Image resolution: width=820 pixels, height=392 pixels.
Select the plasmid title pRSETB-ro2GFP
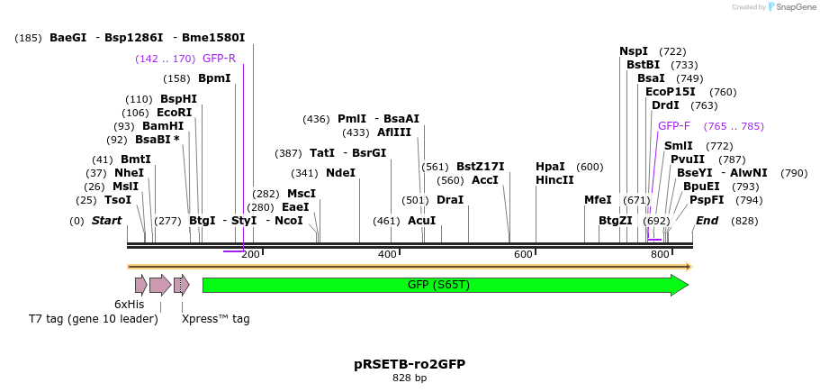coord(410,364)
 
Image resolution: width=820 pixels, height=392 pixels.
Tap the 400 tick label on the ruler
coord(388,255)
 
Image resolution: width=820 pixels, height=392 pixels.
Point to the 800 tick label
coord(660,255)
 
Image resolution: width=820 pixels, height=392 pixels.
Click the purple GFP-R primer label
coord(219,59)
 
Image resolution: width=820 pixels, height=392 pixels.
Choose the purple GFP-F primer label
coord(674,126)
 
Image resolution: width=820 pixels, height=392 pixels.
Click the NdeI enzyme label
coord(340,173)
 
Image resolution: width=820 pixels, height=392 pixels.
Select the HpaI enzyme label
coord(550,167)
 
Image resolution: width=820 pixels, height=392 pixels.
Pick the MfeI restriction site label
coord(598,200)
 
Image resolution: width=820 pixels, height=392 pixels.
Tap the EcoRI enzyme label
coord(175,113)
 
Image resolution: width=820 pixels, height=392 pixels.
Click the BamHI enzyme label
coord(162,126)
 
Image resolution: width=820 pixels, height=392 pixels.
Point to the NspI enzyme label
coord(634,51)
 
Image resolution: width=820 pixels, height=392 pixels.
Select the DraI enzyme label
coord(449,200)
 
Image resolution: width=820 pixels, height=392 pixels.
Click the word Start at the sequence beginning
coord(106,221)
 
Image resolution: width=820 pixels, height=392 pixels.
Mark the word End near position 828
coord(707,221)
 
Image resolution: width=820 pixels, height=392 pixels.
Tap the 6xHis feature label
coord(129,305)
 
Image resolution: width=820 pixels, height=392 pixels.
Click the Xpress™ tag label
coord(215,318)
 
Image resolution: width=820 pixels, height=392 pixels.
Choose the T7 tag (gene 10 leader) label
coord(94,318)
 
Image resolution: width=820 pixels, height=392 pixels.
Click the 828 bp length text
coord(410,378)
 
